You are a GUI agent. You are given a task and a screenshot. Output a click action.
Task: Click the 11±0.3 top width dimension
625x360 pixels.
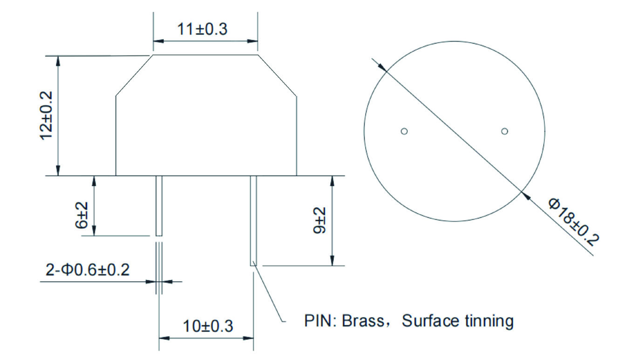pyautogui.click(x=202, y=29)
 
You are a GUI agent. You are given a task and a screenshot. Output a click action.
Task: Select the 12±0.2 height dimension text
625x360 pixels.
pyautogui.click(x=46, y=115)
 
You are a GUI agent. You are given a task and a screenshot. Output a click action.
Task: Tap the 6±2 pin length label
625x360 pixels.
pyautogui.click(x=82, y=215)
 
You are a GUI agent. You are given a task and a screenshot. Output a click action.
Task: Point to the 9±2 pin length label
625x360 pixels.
pyautogui.click(x=319, y=220)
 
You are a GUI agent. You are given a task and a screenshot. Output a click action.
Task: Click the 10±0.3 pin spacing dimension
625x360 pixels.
pyautogui.click(x=208, y=326)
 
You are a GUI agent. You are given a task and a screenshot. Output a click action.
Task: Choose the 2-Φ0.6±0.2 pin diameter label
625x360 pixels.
pyautogui.click(x=88, y=270)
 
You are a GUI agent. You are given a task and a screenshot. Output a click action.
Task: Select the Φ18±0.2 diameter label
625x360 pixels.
pyautogui.click(x=574, y=222)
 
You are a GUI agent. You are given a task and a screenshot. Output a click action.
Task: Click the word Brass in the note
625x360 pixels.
pyautogui.click(x=363, y=321)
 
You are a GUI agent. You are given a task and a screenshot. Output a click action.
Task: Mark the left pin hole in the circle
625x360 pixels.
pyautogui.click(x=404, y=131)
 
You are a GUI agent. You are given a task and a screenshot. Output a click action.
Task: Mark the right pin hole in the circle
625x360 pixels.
pyautogui.click(x=504, y=131)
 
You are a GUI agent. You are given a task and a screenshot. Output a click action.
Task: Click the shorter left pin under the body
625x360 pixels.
pyautogui.click(x=159, y=206)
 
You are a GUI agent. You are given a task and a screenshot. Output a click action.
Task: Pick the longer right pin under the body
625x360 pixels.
pyautogui.click(x=253, y=221)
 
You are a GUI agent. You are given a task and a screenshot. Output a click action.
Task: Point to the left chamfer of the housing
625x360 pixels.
pyautogui.click(x=134, y=75)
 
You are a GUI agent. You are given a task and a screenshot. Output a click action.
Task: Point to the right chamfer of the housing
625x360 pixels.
pyautogui.click(x=277, y=75)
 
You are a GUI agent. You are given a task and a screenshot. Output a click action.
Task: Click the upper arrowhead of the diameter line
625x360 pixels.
pyautogui.click(x=382, y=68)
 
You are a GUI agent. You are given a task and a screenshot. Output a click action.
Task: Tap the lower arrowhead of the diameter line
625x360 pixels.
pyautogui.click(x=526, y=196)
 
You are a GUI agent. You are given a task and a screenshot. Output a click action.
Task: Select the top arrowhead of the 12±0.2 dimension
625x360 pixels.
pyautogui.click(x=58, y=61)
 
